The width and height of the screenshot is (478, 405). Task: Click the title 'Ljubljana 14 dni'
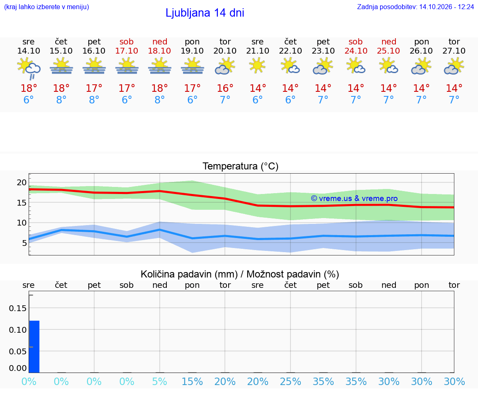pos(205,13)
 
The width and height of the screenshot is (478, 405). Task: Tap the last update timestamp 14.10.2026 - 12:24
pos(446,7)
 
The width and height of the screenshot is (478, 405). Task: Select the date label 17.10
pos(127,51)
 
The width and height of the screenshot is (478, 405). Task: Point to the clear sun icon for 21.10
pos(257,66)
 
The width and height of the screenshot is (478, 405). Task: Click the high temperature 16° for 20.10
pos(225,88)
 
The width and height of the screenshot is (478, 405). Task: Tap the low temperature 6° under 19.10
pos(193,100)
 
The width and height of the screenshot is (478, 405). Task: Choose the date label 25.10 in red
pos(388,51)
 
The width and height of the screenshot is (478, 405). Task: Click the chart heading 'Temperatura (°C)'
pos(241,166)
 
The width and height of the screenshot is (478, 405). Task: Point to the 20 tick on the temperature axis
pos(22,182)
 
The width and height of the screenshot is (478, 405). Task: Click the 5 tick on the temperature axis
pos(24,243)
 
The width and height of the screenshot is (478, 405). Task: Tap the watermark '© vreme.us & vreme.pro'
pos(354,199)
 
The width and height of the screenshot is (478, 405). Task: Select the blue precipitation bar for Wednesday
pos(34,347)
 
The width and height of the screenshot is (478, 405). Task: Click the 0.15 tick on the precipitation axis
pos(18,308)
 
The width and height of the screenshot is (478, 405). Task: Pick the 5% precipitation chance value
pos(159,381)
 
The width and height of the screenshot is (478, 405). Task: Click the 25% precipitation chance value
pos(290,381)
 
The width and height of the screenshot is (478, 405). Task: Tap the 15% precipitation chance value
pos(193,381)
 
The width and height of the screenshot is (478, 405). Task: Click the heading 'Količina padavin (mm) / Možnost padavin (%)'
pos(240,274)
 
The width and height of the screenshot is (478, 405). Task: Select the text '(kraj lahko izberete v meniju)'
pos(46,7)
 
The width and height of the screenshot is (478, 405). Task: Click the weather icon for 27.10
pos(454,67)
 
